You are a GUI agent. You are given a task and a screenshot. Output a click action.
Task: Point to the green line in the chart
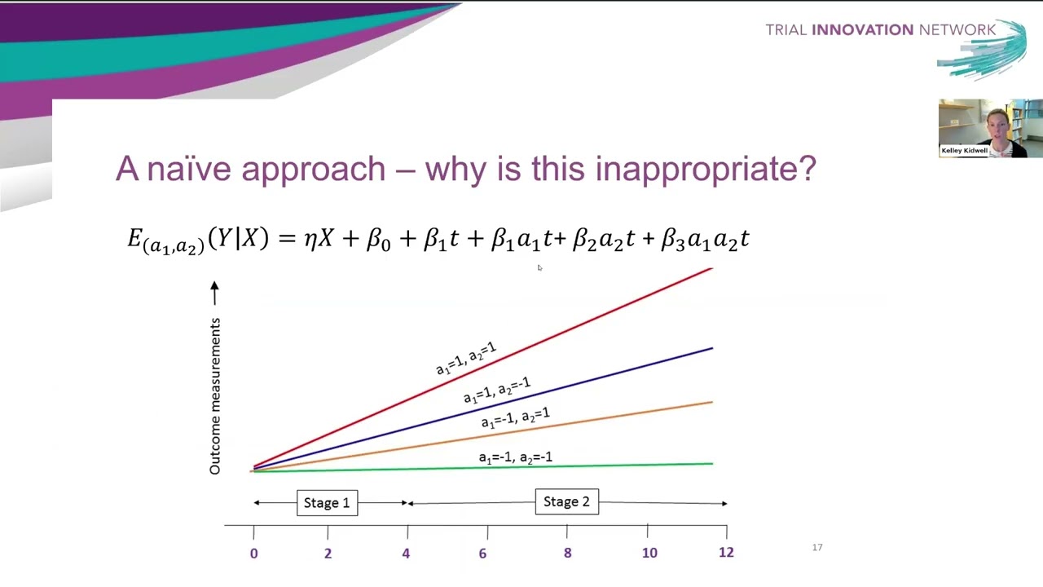click(636, 465)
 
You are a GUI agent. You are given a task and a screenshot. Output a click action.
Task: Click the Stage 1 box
click(327, 502)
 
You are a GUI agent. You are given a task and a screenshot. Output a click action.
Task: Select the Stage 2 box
click(566, 501)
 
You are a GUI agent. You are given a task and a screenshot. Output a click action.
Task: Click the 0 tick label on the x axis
click(253, 554)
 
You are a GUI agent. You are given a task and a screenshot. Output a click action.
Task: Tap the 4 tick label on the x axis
click(406, 554)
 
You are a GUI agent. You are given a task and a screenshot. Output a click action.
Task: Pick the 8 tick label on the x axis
click(567, 553)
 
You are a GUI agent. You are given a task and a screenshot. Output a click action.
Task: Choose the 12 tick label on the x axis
click(726, 552)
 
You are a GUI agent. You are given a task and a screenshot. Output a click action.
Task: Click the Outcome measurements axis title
click(215, 396)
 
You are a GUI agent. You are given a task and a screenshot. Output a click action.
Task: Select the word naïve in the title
click(190, 169)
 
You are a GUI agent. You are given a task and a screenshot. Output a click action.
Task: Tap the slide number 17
click(817, 547)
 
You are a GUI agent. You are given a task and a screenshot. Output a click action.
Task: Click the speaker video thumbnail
click(990, 128)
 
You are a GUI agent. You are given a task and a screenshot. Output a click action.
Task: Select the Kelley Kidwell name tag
click(964, 151)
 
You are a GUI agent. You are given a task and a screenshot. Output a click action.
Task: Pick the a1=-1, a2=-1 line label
click(515, 457)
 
